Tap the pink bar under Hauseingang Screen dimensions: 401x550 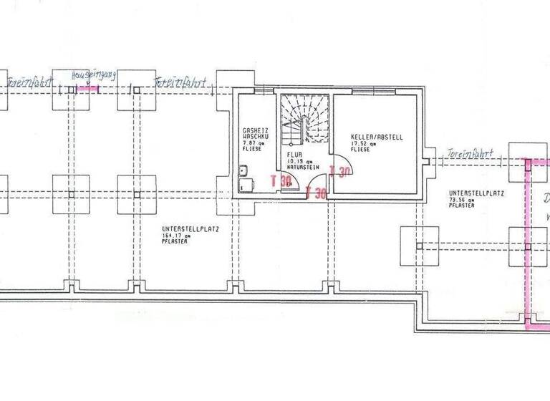(88, 89)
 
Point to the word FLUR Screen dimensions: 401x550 (294, 154)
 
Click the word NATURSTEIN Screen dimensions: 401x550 (301, 166)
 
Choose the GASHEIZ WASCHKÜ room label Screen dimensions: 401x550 (255, 132)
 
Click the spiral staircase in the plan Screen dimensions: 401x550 (303, 122)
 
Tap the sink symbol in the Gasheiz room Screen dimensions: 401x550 (244, 171)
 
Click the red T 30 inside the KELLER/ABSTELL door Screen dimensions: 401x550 (339, 170)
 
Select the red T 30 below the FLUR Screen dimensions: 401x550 (316, 193)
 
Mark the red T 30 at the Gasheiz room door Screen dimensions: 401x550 (282, 182)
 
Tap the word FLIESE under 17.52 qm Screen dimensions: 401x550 (360, 150)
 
